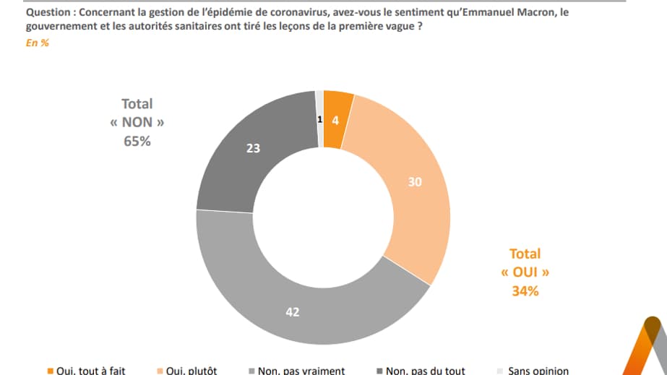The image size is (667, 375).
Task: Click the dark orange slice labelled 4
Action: click(x=335, y=119)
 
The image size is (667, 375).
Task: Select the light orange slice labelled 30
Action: click(x=414, y=182)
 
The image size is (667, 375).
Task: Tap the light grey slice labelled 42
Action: click(x=293, y=312)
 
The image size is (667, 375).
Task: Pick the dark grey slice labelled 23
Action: click(x=253, y=148)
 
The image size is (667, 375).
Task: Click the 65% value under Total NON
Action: click(x=137, y=142)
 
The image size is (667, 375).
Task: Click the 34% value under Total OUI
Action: click(x=525, y=291)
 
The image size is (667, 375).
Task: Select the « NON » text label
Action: click(x=137, y=123)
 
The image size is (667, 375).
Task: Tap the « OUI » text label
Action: click(x=525, y=272)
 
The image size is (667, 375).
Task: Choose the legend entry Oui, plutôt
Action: click(x=192, y=371)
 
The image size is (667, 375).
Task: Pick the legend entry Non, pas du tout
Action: click(x=423, y=371)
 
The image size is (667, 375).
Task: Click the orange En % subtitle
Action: click(x=37, y=43)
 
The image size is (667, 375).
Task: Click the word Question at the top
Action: click(x=48, y=13)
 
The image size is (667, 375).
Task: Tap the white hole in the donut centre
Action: click(x=323, y=217)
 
